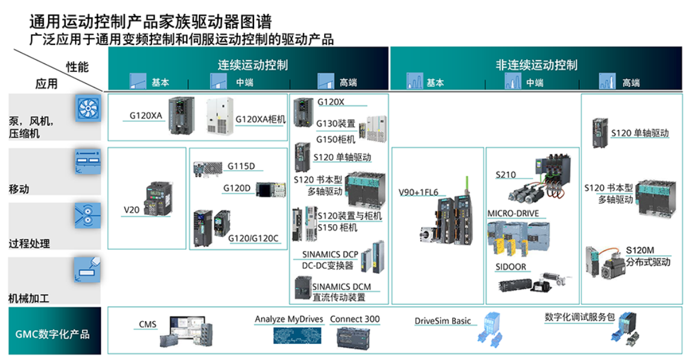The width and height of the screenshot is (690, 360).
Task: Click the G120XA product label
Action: (146, 115)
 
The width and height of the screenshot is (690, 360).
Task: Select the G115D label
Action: (241, 165)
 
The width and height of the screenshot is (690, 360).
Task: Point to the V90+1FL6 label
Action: (418, 192)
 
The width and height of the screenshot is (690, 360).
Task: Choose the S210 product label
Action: (506, 175)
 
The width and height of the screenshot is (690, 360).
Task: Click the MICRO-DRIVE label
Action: (513, 213)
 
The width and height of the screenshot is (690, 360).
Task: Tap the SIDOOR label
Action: (510, 267)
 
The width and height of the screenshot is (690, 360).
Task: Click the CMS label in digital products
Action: (147, 325)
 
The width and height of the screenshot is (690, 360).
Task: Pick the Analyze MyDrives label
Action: (289, 319)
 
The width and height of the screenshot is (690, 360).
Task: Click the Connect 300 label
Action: (355, 319)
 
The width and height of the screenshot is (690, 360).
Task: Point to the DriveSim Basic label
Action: (443, 321)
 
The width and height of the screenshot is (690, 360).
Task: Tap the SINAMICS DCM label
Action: (341, 287)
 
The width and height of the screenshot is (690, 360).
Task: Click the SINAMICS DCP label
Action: (330, 255)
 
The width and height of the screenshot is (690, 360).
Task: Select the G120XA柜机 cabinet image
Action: (220, 116)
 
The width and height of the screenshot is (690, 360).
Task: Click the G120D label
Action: (237, 188)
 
